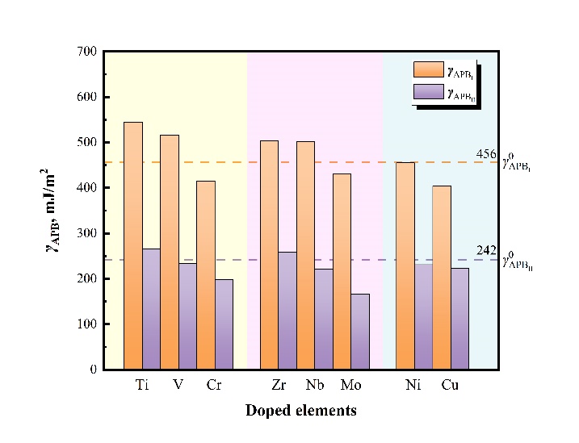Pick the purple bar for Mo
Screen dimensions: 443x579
coord(360,331)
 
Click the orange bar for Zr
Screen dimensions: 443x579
coord(269,254)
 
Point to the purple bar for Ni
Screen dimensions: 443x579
coord(424,316)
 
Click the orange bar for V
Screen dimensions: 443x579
coord(170,251)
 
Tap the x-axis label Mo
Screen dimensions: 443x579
coord(350,385)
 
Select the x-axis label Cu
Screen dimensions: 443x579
coord(450,385)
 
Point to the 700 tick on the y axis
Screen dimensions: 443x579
coord(86,52)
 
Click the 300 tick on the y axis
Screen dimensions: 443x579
coord(86,233)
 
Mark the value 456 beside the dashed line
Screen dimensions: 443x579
coord(486,154)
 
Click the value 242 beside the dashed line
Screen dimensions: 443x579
coord(486,251)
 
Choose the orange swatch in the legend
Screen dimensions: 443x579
coord(428,69)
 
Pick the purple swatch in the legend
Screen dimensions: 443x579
coord(428,92)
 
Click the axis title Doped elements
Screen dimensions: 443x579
coord(301,411)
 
